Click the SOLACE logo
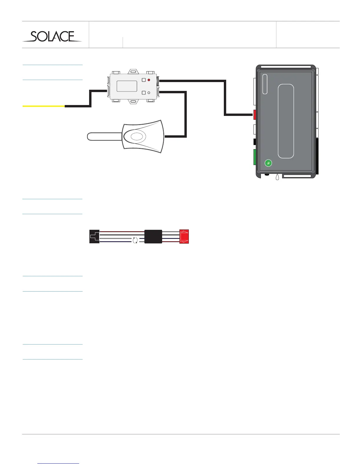click(x=52, y=36)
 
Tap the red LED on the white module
click(x=149, y=80)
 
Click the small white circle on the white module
click(x=149, y=93)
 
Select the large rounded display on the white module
click(x=127, y=86)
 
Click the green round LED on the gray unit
click(x=268, y=163)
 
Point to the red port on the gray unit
click(x=255, y=115)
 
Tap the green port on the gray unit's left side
click(x=255, y=157)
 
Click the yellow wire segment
click(x=44, y=106)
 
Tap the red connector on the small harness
click(x=184, y=236)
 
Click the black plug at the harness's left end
click(x=94, y=236)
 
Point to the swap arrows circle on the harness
click(x=135, y=240)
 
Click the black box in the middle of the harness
click(x=153, y=236)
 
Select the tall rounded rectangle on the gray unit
click(x=286, y=121)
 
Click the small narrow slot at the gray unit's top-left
click(x=265, y=84)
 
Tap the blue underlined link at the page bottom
click(x=59, y=463)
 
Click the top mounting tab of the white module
click(x=133, y=71)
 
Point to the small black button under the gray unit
click(x=266, y=175)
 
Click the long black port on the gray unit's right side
click(x=316, y=156)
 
